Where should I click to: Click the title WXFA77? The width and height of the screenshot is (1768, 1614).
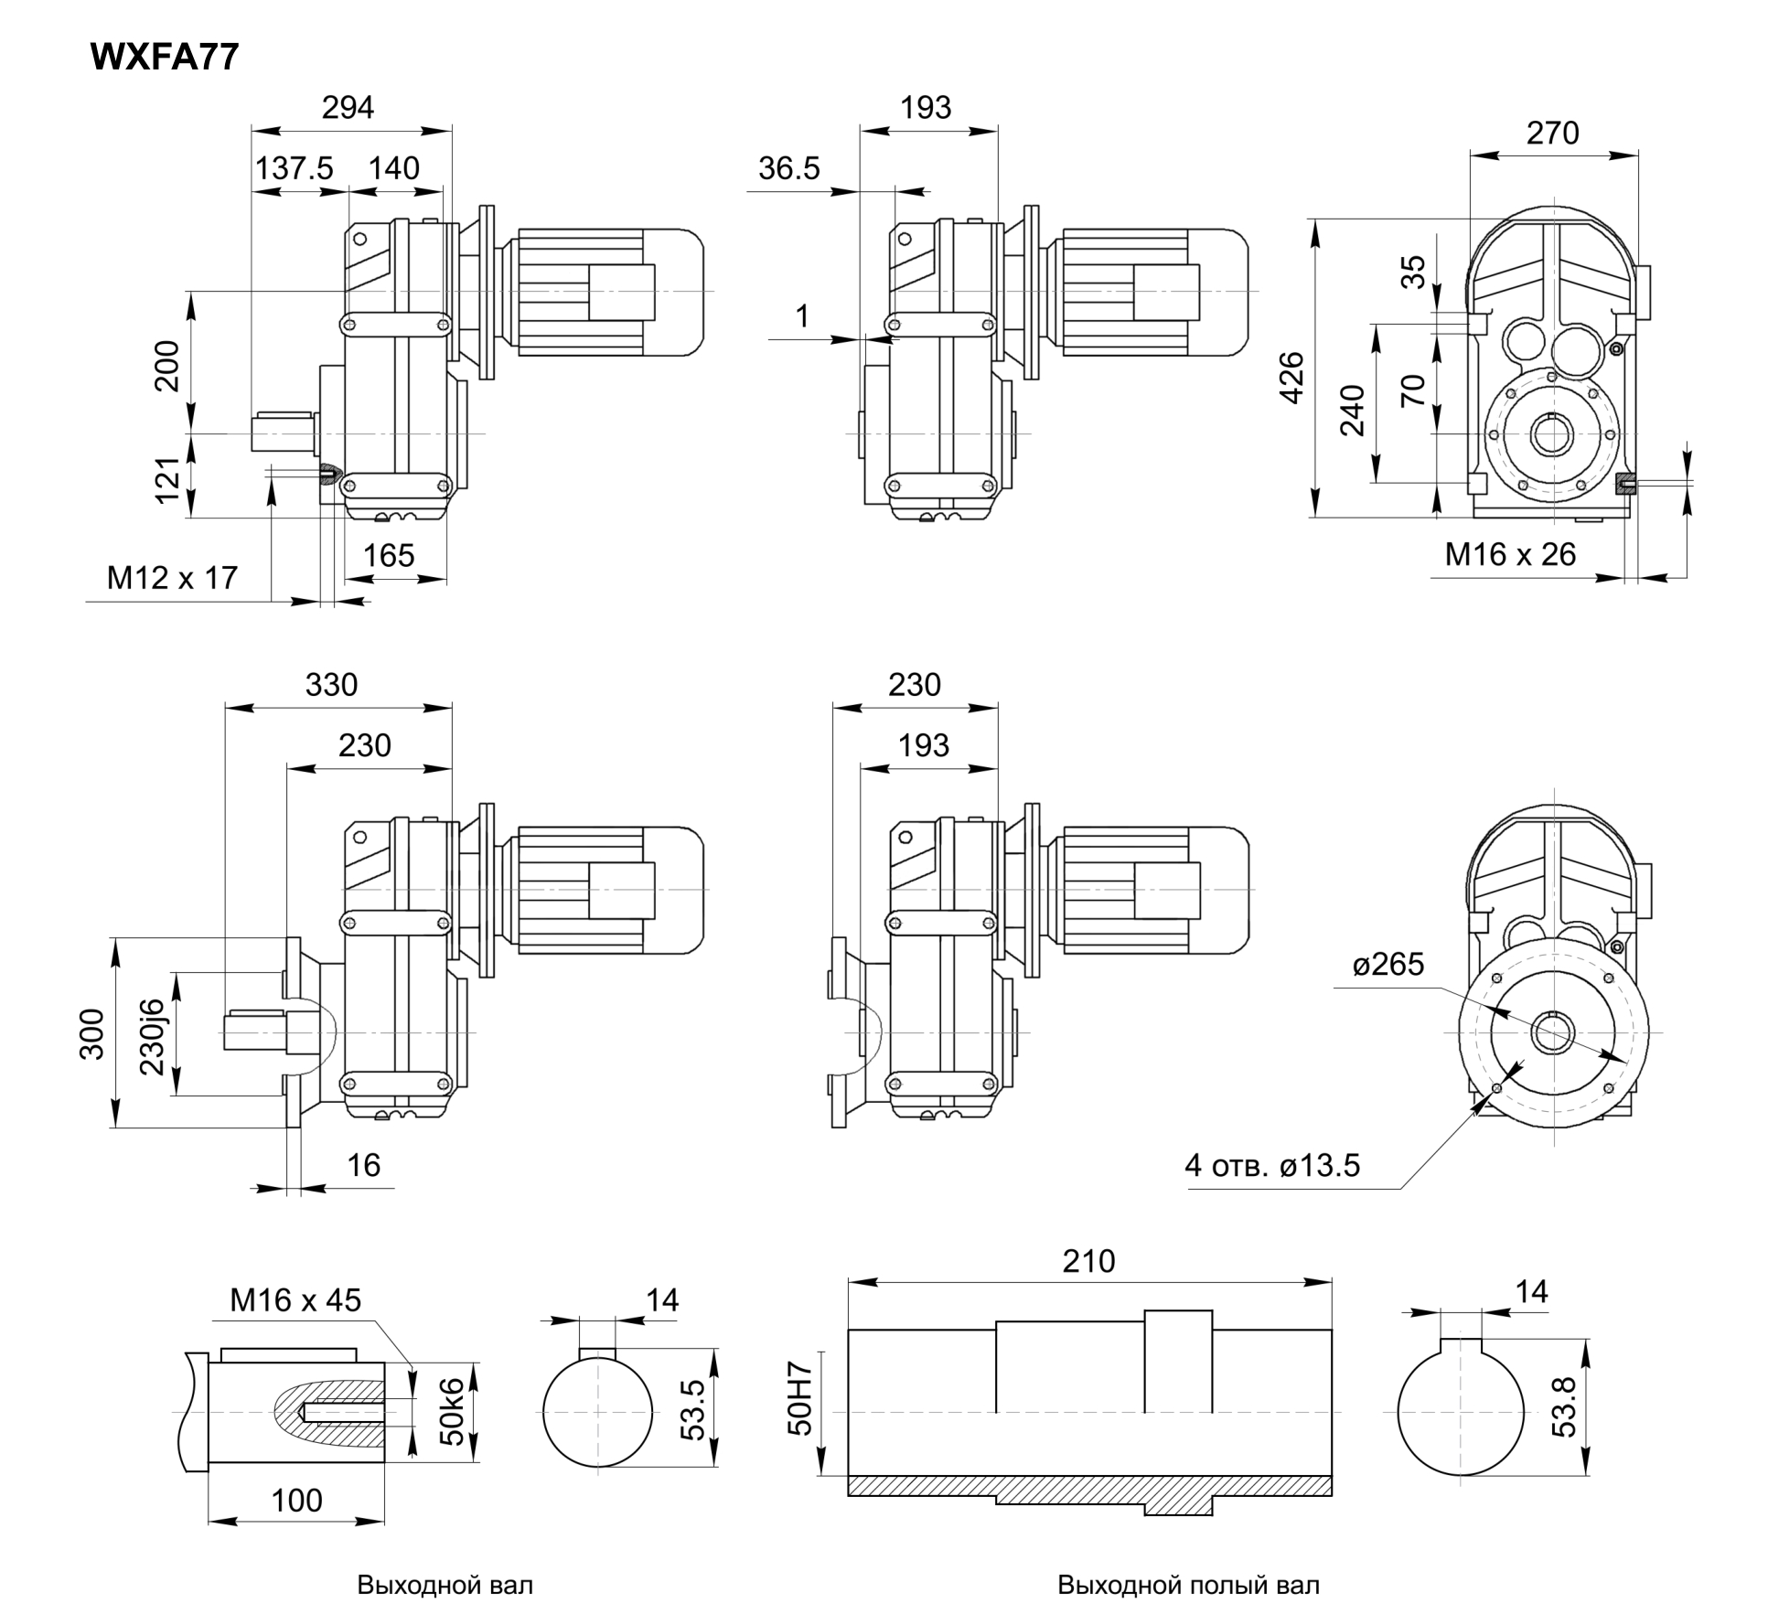click(x=165, y=57)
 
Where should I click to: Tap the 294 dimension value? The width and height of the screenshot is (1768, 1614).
click(x=348, y=108)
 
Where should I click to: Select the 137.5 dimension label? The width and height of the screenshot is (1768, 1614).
click(x=294, y=169)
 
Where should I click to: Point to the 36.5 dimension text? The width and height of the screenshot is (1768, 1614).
click(x=788, y=169)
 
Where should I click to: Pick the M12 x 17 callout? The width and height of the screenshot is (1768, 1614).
click(x=172, y=578)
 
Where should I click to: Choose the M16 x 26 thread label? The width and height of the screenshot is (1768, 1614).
click(x=1510, y=554)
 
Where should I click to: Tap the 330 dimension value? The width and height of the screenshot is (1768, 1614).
click(x=331, y=685)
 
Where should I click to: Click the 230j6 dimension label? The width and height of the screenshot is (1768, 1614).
click(x=153, y=1036)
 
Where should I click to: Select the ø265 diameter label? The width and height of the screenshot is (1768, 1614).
click(x=1388, y=965)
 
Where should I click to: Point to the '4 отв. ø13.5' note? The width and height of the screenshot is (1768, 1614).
click(x=1272, y=1165)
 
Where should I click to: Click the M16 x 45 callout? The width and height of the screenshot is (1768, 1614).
click(x=295, y=1300)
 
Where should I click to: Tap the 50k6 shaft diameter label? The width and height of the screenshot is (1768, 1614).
click(x=453, y=1413)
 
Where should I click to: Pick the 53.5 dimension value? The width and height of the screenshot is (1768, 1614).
click(x=693, y=1409)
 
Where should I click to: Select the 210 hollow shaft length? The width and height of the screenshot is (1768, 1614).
click(x=1088, y=1261)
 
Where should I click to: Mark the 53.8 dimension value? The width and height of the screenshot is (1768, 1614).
click(x=1565, y=1407)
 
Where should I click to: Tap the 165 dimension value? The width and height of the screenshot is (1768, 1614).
click(x=389, y=556)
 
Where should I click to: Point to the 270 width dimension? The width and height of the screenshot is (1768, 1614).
click(x=1552, y=134)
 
